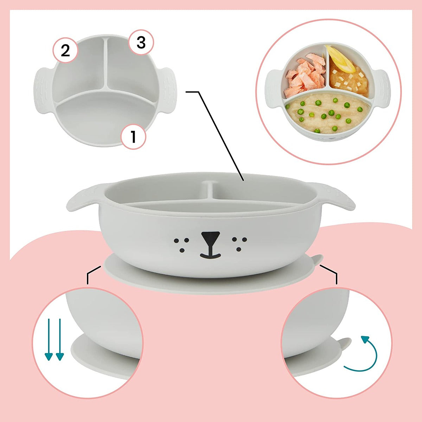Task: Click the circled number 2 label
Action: pyautogui.click(x=65, y=51)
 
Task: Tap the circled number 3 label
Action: pyautogui.click(x=141, y=43)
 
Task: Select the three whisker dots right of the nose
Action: pyautogui.click(x=239, y=243)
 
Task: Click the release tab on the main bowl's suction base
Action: pyautogui.click(x=316, y=260)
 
